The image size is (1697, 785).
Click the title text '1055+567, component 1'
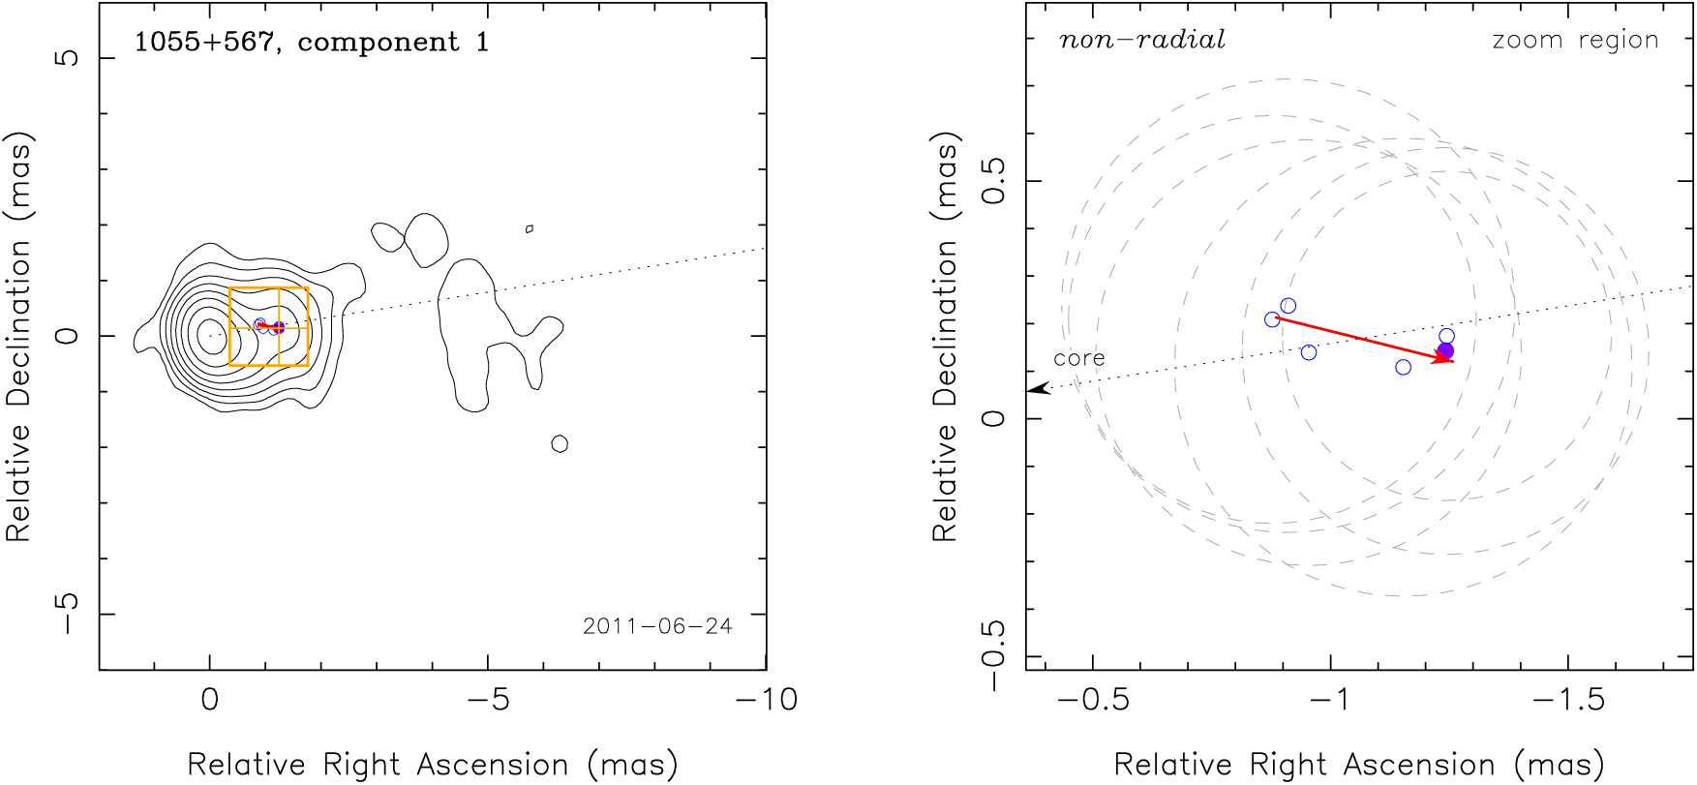click(311, 43)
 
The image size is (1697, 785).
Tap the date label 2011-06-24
click(657, 626)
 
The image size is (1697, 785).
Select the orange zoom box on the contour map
click(269, 288)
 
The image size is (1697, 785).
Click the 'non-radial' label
click(1142, 40)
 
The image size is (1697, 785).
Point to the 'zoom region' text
click(1575, 41)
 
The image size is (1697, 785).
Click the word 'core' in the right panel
click(1078, 358)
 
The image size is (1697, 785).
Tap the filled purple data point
click(1445, 350)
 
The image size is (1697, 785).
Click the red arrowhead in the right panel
click(1444, 358)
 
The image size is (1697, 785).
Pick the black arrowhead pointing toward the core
click(1038, 389)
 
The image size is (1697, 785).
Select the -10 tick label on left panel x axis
click(766, 700)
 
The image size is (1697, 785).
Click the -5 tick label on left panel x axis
click(487, 700)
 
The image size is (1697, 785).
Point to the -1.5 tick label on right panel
click(1568, 700)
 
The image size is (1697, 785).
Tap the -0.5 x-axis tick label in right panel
click(1093, 700)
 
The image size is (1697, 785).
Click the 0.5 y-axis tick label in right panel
click(995, 181)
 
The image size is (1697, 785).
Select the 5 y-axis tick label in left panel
click(68, 58)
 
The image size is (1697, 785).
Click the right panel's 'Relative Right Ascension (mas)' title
click(1359, 765)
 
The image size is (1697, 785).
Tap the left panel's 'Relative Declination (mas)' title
click(19, 336)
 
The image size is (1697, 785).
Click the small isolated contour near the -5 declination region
click(560, 444)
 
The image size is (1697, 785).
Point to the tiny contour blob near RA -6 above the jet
click(530, 228)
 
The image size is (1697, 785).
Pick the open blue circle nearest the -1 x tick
click(1309, 352)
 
